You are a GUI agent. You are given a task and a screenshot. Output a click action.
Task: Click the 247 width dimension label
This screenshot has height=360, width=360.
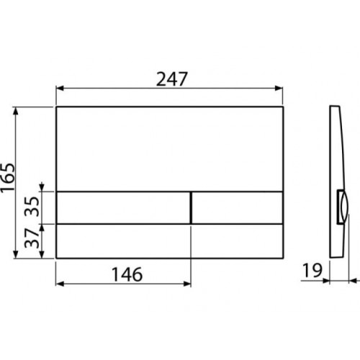[x=171, y=79]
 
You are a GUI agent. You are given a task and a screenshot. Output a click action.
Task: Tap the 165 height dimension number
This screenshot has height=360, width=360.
[x=7, y=178]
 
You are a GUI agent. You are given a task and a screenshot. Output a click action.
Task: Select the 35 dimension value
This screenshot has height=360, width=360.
[x=32, y=207]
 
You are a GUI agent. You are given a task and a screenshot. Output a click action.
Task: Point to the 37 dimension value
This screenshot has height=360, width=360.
[x=32, y=238]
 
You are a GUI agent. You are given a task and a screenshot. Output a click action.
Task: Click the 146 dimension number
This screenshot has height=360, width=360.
[x=127, y=274]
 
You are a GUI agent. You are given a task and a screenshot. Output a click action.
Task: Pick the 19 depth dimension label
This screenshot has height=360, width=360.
[x=312, y=270]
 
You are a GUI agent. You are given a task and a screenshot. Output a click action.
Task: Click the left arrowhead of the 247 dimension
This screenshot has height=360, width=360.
[x=60, y=89]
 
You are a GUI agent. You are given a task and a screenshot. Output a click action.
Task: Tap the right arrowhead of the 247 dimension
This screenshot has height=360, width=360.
[x=279, y=89]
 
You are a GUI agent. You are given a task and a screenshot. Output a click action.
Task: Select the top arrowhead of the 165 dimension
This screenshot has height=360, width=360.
[x=16, y=111]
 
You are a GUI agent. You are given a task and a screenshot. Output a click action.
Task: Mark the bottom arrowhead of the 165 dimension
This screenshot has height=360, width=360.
[x=16, y=254]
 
